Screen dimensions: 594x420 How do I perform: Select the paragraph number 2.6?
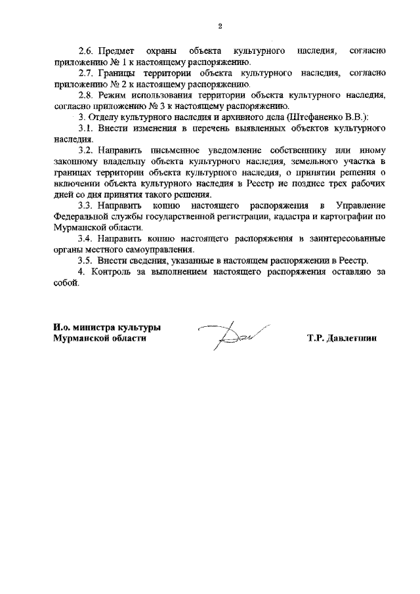[x=87, y=51]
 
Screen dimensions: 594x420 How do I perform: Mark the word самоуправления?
[x=161, y=249]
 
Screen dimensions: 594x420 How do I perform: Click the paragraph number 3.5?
[x=87, y=261]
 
